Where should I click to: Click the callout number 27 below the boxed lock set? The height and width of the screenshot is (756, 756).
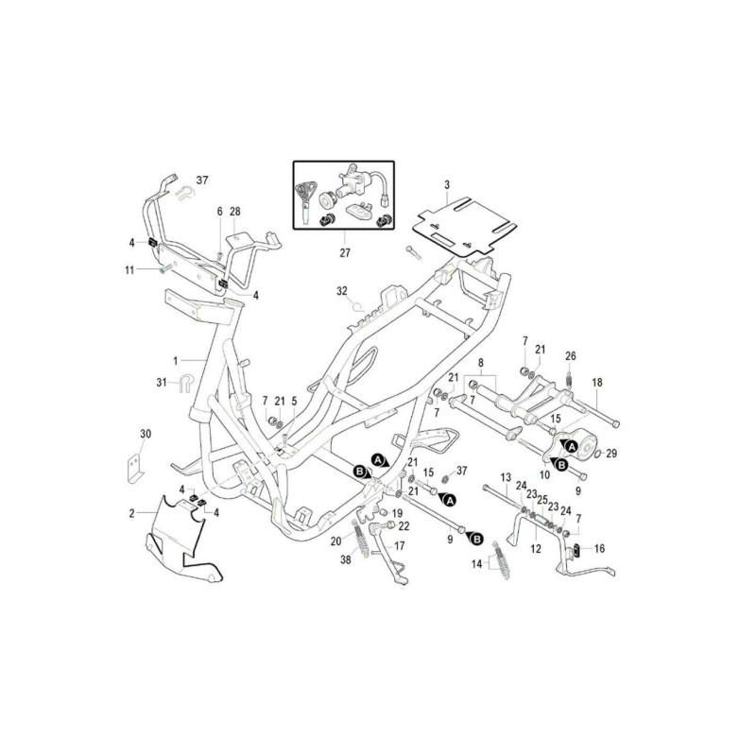coord(345,252)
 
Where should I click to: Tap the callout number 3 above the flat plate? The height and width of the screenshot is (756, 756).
coord(447,184)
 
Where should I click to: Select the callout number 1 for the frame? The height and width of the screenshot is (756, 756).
coord(176,361)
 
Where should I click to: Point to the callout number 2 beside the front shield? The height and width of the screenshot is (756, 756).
coord(132,513)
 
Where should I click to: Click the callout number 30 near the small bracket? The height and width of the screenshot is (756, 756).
coord(146,434)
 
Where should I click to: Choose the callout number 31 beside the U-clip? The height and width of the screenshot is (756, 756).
coord(162,383)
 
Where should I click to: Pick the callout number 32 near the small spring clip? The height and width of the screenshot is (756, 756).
coord(342,291)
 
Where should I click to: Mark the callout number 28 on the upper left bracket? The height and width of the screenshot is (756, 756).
coord(234,211)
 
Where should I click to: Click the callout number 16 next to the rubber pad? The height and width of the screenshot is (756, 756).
coord(599,549)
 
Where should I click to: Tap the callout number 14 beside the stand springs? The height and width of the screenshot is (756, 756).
coord(477,564)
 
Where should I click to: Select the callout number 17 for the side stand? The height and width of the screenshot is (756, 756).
coord(399,546)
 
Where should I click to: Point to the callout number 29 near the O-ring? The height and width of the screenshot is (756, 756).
coord(611,454)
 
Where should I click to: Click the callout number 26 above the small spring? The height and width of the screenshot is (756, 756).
coord(571,356)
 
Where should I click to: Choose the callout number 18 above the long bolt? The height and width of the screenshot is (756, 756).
coord(597,383)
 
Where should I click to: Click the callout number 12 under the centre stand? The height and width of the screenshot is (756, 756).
coord(536,549)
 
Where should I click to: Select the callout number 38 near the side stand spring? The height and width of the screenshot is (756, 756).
coord(346,559)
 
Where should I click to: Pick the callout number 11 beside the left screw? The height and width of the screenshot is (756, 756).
coord(129,270)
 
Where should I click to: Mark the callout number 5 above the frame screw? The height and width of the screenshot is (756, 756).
coord(294,401)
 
